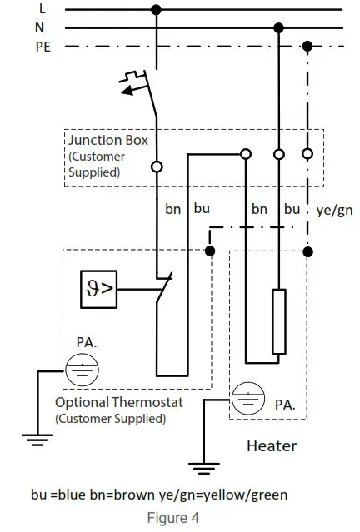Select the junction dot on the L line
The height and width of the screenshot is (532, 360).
click(x=156, y=9)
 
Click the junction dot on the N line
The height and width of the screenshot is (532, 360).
click(x=279, y=27)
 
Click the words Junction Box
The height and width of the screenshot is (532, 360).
click(x=108, y=141)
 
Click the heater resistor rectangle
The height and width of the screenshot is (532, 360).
click(x=279, y=321)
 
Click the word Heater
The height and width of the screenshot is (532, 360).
click(x=272, y=446)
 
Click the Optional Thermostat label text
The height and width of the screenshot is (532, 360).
click(x=118, y=403)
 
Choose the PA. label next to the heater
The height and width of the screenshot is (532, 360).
click(x=284, y=405)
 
